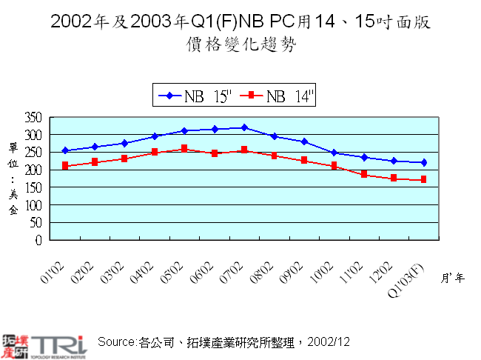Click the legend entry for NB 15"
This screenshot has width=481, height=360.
(x=195, y=96)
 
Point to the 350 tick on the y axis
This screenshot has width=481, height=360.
(x=34, y=118)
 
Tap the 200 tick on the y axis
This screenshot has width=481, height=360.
(x=34, y=170)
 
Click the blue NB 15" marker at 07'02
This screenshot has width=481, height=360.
(x=244, y=128)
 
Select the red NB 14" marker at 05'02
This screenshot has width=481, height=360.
(x=184, y=149)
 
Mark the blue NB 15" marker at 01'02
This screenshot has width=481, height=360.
(x=65, y=150)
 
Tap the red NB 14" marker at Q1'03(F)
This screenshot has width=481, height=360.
(x=423, y=180)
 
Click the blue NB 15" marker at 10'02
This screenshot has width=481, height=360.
(x=334, y=153)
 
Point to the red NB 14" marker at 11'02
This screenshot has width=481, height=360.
(x=363, y=174)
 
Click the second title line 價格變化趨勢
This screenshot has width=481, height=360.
(x=240, y=44)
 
